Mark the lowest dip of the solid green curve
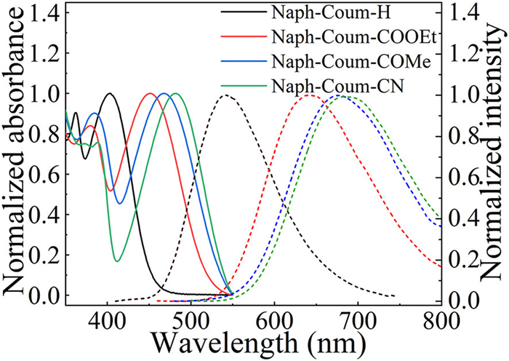click(x=117, y=261)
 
